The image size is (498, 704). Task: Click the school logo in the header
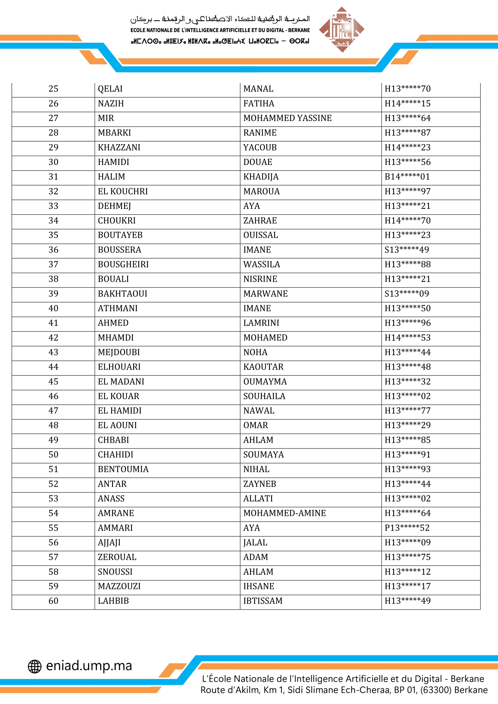tap(342, 29)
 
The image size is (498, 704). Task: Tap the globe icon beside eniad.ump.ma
tap(35, 666)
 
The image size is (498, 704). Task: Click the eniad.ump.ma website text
tap(89, 666)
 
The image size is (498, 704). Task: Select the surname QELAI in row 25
tap(110, 89)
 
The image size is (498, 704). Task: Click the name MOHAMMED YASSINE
tap(287, 118)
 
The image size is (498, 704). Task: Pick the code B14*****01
tap(407, 177)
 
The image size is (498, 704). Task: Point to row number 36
tap(53, 250)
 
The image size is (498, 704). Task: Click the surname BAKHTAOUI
tap(122, 294)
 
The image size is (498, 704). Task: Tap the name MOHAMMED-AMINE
tap(284, 513)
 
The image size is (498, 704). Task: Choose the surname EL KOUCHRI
tap(123, 191)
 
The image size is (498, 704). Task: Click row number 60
tap(53, 601)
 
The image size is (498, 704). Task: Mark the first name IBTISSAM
tap(263, 601)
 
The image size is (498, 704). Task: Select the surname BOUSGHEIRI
tap(123, 264)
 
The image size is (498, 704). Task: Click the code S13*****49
tap(406, 250)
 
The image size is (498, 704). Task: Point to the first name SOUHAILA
tap(264, 396)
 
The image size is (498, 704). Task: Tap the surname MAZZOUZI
tap(119, 586)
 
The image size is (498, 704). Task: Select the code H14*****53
tap(408, 338)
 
